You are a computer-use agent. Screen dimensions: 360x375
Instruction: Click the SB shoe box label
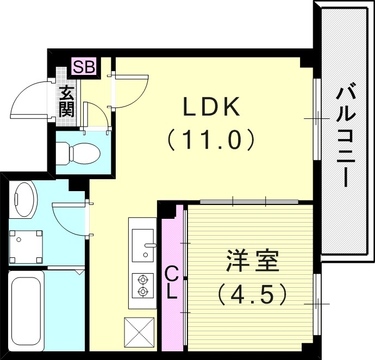(x=84, y=68)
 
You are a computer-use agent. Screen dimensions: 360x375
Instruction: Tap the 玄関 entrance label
(x=67, y=102)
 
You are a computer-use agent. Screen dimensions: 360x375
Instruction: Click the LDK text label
(x=211, y=108)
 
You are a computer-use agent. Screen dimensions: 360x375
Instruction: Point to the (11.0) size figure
(x=211, y=141)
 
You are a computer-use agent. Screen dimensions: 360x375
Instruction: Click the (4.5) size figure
(x=252, y=295)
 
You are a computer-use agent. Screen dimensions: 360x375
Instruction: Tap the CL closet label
(x=171, y=282)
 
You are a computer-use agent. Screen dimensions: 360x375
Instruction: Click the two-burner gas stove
(x=143, y=286)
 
